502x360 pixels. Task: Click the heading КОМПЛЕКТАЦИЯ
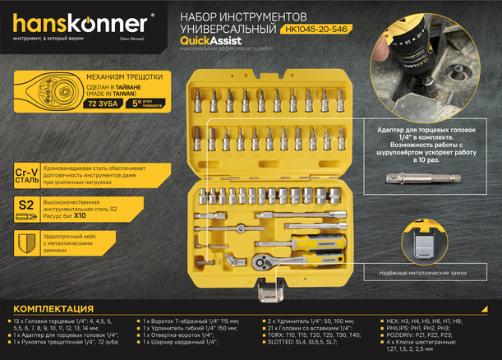point(58,308)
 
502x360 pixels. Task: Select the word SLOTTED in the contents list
point(277,342)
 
